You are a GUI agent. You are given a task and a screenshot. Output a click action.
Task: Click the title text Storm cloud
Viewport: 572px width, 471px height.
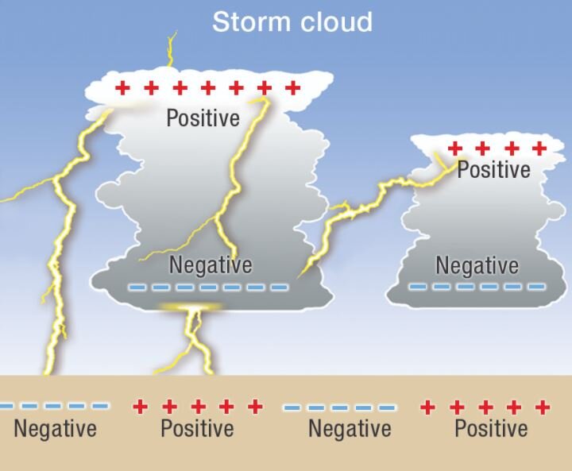click(x=292, y=21)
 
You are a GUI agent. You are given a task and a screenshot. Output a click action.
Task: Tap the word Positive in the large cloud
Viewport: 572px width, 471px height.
click(x=203, y=118)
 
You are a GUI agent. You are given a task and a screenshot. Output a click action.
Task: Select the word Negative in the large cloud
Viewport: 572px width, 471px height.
click(x=211, y=264)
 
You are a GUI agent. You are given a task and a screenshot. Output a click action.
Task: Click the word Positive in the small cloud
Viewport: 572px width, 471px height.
click(x=493, y=170)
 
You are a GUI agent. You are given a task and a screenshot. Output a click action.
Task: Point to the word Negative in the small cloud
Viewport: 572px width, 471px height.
click(x=477, y=265)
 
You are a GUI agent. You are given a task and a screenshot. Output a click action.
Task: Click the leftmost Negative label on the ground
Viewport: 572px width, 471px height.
click(x=55, y=430)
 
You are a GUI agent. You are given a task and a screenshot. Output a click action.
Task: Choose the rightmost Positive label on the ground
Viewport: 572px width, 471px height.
click(x=491, y=430)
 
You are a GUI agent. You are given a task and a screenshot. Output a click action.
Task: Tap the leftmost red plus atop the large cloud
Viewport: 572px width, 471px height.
click(x=122, y=87)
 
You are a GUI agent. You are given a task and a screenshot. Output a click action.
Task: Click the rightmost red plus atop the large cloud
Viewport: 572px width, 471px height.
click(x=292, y=87)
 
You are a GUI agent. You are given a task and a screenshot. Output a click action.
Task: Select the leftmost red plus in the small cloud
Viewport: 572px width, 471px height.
click(x=455, y=148)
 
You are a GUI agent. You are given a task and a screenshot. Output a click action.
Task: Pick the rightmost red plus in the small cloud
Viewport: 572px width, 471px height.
click(x=539, y=148)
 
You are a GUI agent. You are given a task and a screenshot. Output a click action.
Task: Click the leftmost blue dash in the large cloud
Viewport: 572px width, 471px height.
click(x=138, y=287)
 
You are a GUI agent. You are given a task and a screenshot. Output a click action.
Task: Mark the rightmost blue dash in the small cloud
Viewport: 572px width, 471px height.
click(x=537, y=286)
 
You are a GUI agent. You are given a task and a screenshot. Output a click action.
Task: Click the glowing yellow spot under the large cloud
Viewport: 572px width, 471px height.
click(x=189, y=307)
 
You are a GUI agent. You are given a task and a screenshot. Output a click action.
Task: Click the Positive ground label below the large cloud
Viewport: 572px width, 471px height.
click(x=197, y=430)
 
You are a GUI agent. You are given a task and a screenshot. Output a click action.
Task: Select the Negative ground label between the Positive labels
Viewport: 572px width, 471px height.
click(x=350, y=430)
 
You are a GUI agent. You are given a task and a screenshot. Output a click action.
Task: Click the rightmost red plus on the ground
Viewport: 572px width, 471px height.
click(x=543, y=407)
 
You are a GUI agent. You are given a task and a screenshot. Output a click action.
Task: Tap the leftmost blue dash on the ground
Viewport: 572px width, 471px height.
click(x=6, y=406)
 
